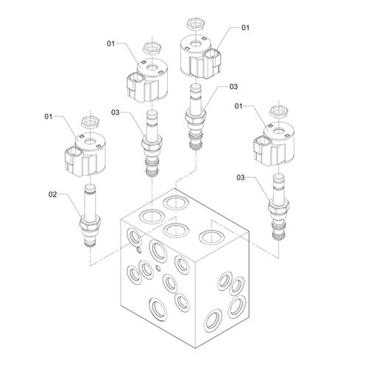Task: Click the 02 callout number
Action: pyautogui.click(x=52, y=194)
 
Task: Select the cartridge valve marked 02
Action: pyautogui.click(x=90, y=216)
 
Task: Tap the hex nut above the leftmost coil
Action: pyautogui.click(x=91, y=122)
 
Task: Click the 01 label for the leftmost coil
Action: pyautogui.click(x=49, y=116)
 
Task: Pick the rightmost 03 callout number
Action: pyautogui.click(x=241, y=177)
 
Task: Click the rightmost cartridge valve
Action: pyautogui.click(x=278, y=206)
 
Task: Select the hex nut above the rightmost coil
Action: pyautogui.click(x=278, y=111)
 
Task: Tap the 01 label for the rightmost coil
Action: pyautogui.click(x=238, y=106)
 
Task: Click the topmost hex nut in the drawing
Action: pyautogui.click(x=195, y=24)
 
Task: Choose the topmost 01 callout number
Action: pyautogui.click(x=245, y=28)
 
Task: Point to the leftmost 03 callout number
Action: pyautogui.click(x=115, y=113)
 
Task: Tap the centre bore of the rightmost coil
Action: pyautogui.click(x=278, y=131)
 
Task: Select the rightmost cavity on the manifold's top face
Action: pyautogui.click(x=211, y=236)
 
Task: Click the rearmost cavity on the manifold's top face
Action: pyautogui.click(x=177, y=202)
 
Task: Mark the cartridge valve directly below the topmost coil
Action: pyautogui.click(x=196, y=116)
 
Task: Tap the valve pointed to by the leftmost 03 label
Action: pyautogui.click(x=152, y=143)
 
